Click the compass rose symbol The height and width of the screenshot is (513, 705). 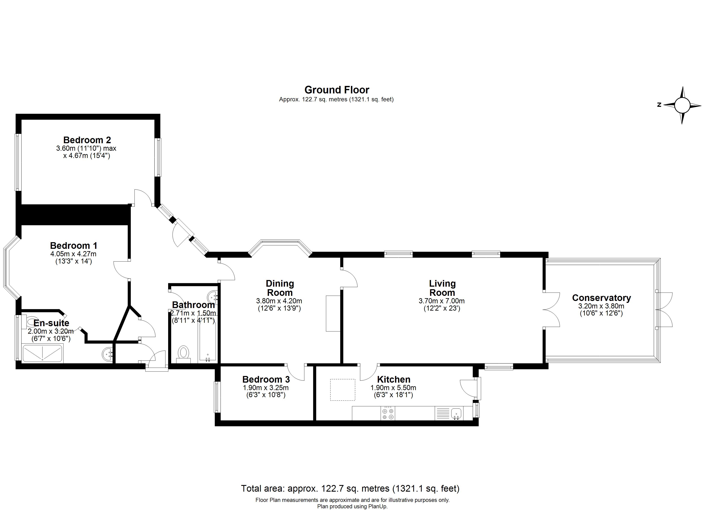(682, 105)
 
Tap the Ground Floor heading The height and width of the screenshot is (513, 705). (337, 90)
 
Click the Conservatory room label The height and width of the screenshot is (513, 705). (601, 298)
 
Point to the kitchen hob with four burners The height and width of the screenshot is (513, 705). (388, 413)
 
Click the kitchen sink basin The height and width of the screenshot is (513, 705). (456, 413)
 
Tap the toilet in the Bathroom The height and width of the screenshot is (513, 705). (183, 353)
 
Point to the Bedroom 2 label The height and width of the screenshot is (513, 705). (87, 140)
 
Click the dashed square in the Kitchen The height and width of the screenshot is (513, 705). (342, 389)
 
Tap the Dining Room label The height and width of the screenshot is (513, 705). (280, 288)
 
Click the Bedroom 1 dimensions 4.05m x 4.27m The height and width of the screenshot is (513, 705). (73, 254)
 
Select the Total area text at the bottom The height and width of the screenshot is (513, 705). (350, 488)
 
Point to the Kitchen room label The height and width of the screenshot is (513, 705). (394, 380)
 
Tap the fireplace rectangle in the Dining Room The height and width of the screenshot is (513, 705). (333, 313)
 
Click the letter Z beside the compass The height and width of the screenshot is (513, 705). (659, 105)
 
